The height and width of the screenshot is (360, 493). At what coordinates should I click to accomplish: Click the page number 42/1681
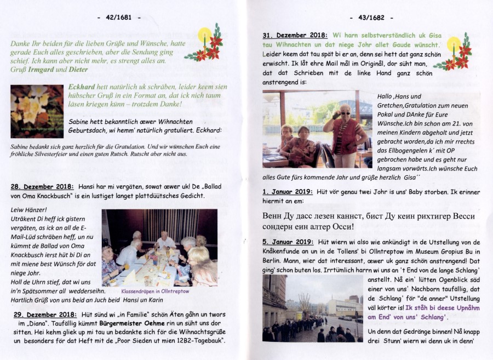click(x=118, y=18)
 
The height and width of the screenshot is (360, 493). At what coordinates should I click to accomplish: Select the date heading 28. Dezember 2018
click(x=43, y=186)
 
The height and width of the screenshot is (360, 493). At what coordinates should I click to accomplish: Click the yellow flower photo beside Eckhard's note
click(x=37, y=111)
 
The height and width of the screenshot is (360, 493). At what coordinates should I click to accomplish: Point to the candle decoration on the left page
click(x=205, y=43)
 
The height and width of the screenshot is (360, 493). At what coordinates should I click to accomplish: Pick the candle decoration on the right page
click(x=455, y=53)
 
